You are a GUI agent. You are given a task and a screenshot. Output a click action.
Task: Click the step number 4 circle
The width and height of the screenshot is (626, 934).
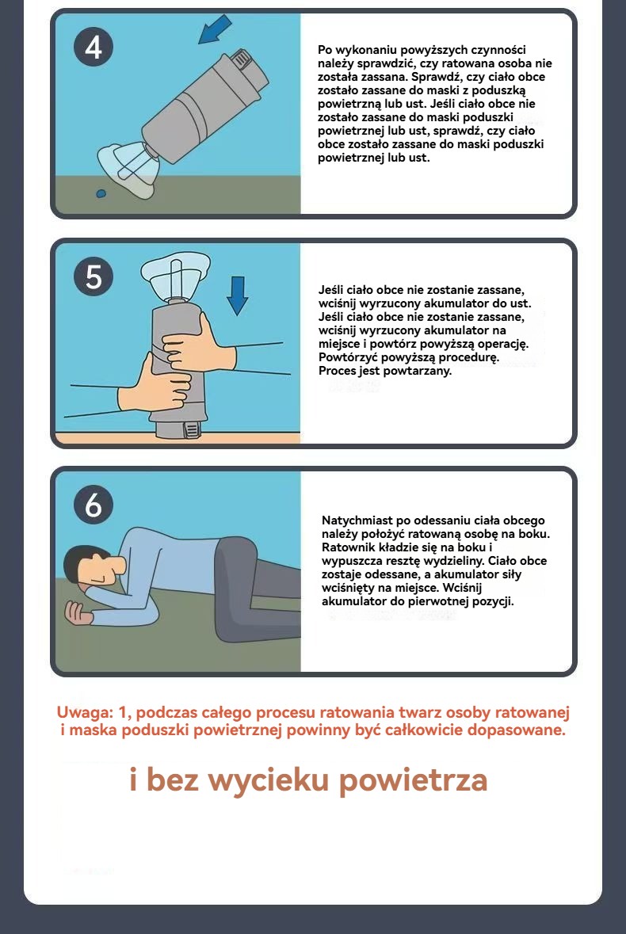94,47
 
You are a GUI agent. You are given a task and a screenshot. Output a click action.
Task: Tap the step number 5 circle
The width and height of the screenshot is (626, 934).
94,276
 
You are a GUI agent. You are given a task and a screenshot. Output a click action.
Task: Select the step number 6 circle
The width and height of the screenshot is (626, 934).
94,505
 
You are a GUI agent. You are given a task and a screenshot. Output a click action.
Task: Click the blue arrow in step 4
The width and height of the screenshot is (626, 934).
214,30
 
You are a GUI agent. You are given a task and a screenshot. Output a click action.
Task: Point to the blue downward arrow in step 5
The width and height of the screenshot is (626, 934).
237,295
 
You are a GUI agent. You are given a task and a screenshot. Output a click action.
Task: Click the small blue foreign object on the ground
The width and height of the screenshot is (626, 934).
101,193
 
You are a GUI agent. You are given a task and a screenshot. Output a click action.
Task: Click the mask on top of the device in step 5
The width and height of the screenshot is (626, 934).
175,274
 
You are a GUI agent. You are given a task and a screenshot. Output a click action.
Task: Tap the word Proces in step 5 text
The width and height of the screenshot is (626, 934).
337,371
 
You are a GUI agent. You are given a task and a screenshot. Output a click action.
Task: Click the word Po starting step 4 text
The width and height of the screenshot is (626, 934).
325,50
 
